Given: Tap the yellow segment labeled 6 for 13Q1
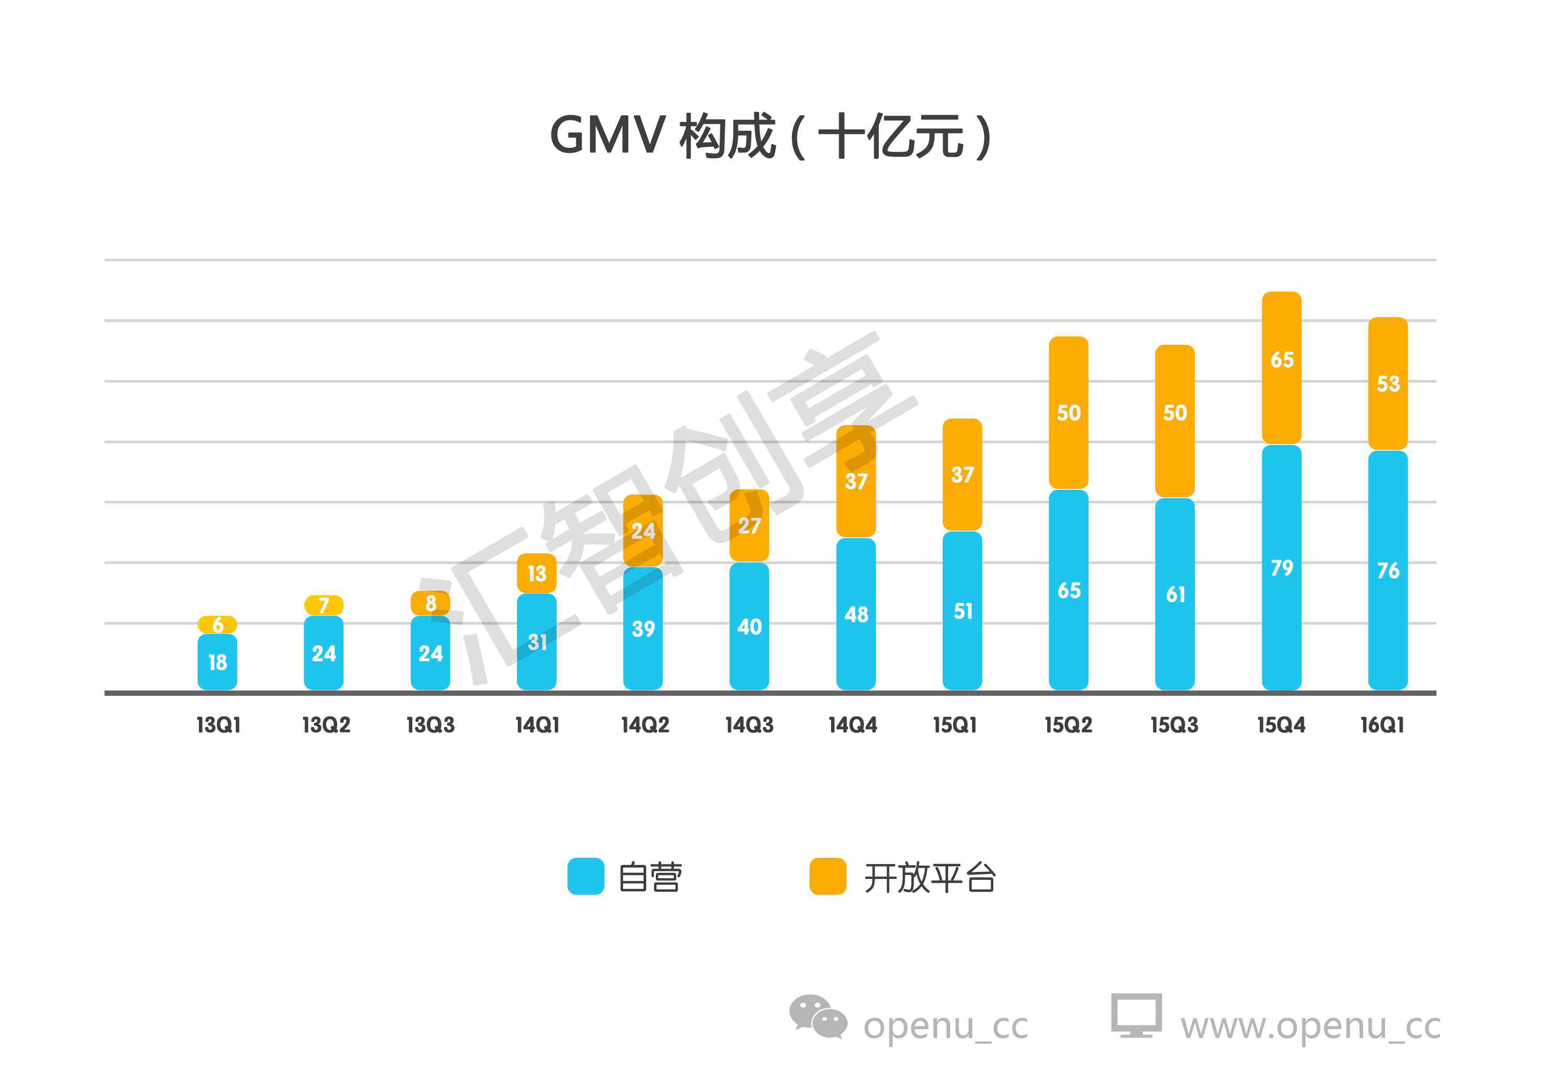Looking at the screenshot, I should coord(217,624).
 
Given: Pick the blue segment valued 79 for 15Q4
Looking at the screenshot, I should coord(1281,567).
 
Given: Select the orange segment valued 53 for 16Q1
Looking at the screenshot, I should coord(1387,383).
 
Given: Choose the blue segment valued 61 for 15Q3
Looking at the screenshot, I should coord(1175,593).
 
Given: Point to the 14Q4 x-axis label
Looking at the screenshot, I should coord(852,725).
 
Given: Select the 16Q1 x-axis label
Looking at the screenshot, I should coord(1382,725).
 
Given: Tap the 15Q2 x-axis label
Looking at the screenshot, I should coord(1068,725).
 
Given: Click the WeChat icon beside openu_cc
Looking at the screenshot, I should coord(818,1016).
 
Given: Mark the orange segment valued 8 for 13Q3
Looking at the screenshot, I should coord(430,603).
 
